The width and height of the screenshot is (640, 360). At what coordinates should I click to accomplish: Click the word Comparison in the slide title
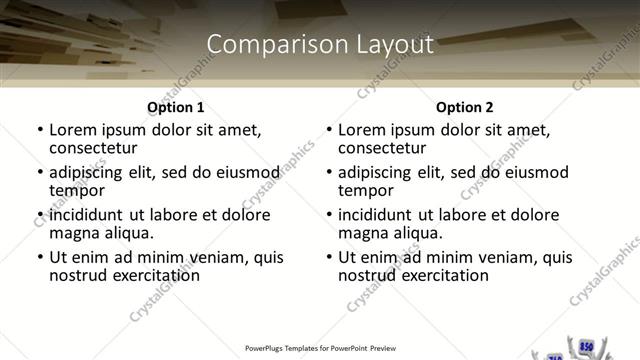point(261,44)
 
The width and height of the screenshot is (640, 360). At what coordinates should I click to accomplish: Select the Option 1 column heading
point(176,107)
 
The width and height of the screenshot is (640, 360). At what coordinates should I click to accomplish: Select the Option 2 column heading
point(465,107)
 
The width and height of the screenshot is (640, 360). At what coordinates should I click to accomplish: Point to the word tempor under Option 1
point(77,190)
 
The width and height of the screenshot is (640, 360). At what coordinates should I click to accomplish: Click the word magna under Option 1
point(73,234)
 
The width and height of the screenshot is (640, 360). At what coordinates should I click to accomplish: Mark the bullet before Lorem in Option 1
point(39,129)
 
